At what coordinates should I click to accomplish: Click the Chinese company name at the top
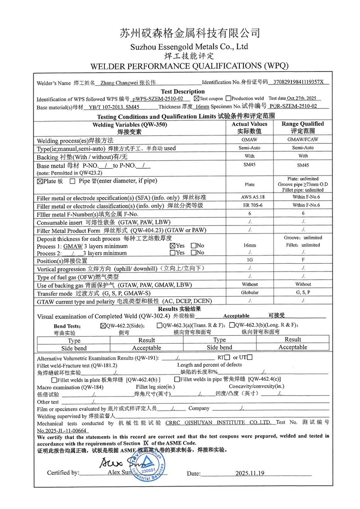click(x=189, y=33)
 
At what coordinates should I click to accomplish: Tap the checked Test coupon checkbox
click(x=197, y=98)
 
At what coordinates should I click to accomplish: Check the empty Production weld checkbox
click(x=229, y=98)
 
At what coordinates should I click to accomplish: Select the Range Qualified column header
click(x=302, y=124)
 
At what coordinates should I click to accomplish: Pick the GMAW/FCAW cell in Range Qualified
click(x=302, y=140)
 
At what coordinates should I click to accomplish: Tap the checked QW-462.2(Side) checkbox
click(x=103, y=325)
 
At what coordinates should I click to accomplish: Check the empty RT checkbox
click(x=228, y=357)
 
